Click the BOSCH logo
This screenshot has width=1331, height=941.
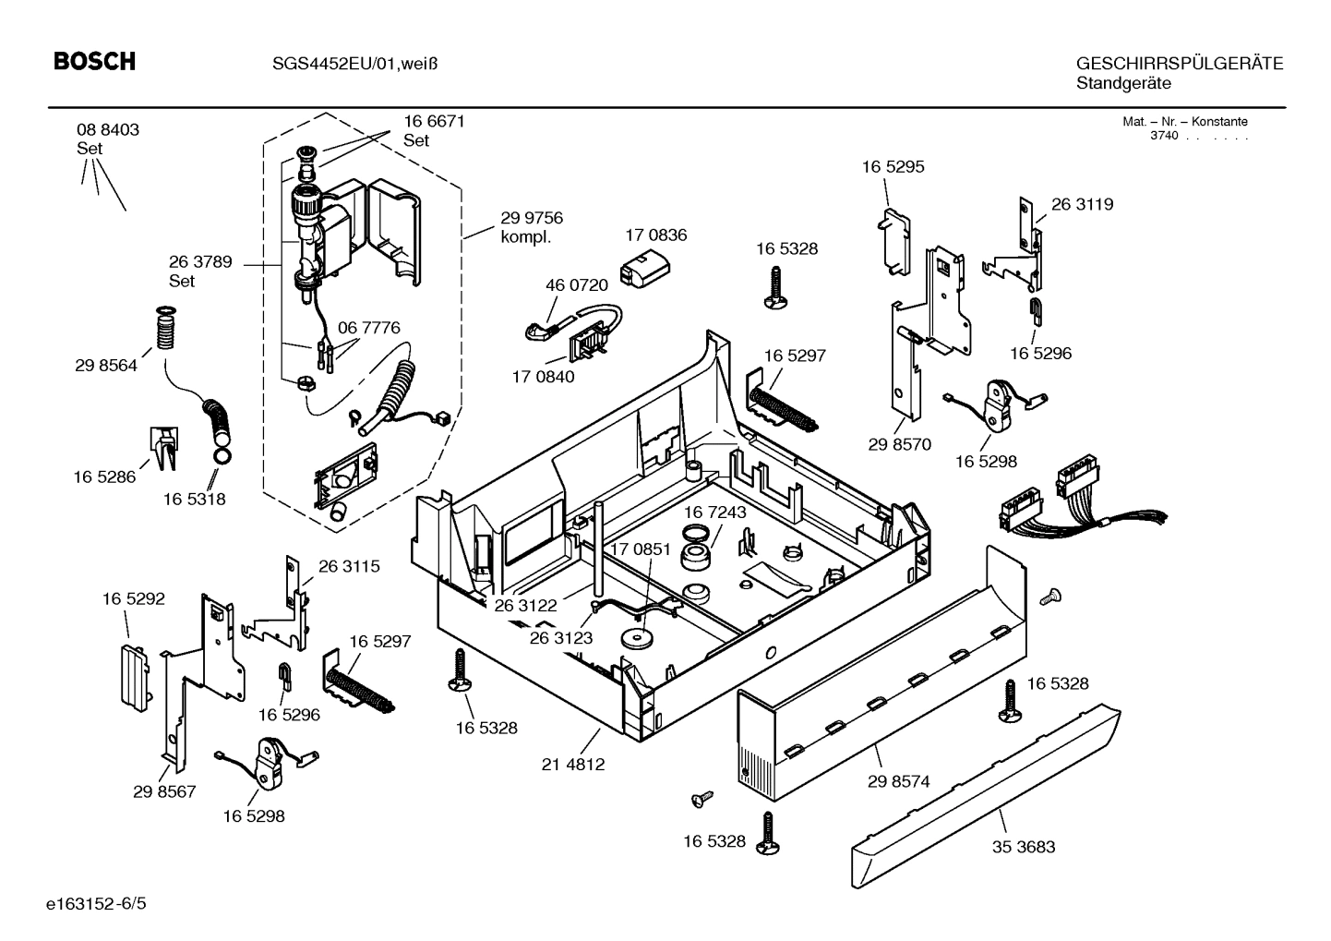point(94,62)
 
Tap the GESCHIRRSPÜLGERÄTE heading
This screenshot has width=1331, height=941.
point(1179,64)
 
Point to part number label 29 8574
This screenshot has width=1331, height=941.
point(898,781)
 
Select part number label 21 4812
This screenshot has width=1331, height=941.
point(573,765)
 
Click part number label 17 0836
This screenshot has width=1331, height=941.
point(655,235)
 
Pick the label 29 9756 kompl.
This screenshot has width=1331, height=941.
point(532,227)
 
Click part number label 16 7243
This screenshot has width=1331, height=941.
point(714,512)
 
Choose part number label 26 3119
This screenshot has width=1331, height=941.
point(1082,204)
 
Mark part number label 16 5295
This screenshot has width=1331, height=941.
point(893,167)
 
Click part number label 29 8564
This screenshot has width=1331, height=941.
point(106,366)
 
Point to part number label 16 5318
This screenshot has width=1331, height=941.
point(194,500)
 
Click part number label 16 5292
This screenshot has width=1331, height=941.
point(133,599)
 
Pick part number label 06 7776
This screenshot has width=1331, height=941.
point(368,328)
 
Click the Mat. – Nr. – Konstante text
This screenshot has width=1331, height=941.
point(1184,122)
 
